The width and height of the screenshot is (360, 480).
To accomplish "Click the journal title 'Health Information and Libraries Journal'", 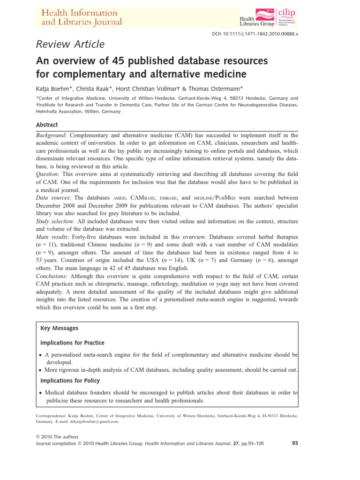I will (82, 17).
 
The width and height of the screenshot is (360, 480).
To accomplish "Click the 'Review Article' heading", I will (70, 45).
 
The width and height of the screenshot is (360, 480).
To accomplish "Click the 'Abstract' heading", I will (47, 125).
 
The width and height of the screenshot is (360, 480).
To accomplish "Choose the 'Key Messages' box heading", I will (60, 328).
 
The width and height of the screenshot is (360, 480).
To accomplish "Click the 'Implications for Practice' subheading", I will (73, 343).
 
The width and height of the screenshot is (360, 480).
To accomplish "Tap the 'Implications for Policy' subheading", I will (70, 381).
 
